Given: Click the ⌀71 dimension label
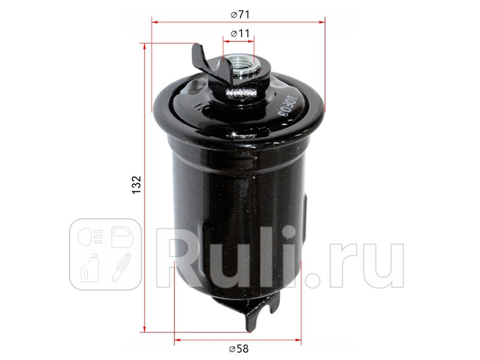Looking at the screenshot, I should click(239, 13).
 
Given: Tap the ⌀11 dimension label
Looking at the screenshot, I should click(239, 34).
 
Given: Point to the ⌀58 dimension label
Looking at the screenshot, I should click(239, 349).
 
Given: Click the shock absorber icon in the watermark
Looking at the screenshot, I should click(121, 268).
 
